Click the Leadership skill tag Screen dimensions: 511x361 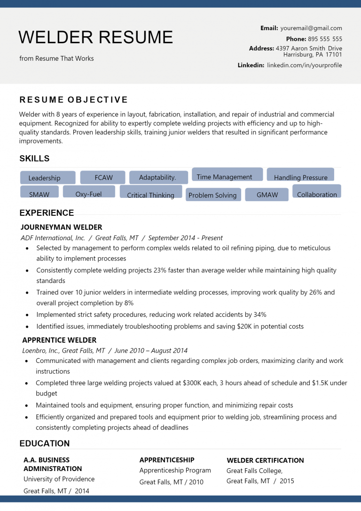tap(47, 178)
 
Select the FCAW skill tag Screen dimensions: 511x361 tap(103, 177)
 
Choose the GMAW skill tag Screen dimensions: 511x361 tap(267, 195)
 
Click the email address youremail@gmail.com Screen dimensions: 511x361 tap(311, 28)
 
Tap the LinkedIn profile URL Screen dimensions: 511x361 tap(305, 65)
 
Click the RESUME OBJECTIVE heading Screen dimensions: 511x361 tap(74, 100)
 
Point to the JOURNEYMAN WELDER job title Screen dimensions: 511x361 tap(62, 227)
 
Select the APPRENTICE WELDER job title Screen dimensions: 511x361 tap(59, 340)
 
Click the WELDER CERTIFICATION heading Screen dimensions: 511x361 tap(265, 460)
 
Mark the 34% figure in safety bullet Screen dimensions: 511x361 tap(260, 314)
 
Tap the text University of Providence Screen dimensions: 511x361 tap(59, 479)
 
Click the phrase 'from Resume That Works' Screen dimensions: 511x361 tap(56, 58)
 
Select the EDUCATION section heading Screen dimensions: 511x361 tap(45, 443)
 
